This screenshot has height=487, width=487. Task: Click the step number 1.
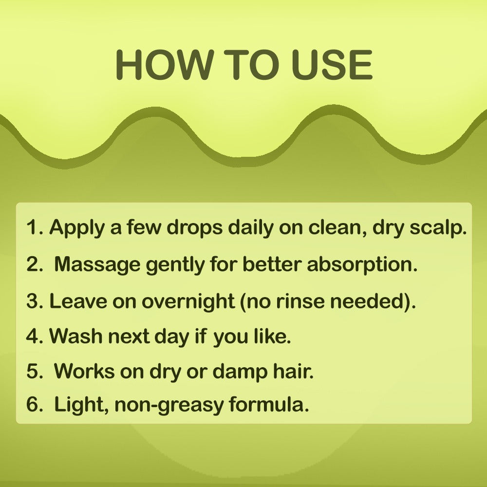coord(33,227)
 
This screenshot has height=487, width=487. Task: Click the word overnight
coord(188,301)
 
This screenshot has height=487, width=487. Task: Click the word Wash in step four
coord(72,336)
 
